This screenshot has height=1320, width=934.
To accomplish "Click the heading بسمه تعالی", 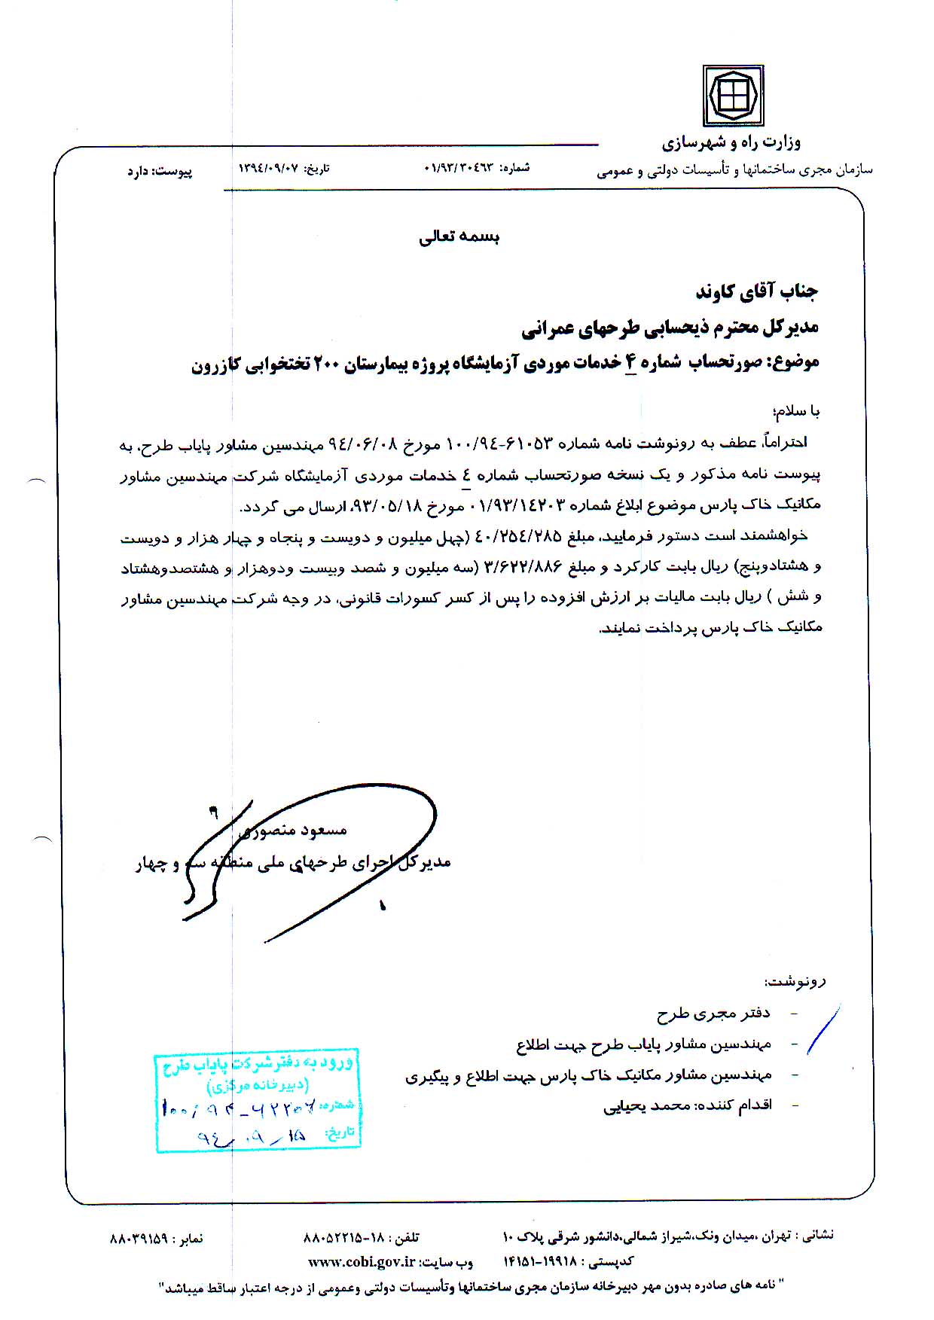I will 459,237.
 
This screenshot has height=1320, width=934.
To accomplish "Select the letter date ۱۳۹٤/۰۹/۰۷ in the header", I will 267,169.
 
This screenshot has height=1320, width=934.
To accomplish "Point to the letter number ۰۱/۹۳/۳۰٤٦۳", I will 458,167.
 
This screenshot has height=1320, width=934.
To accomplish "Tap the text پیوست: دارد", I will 159,172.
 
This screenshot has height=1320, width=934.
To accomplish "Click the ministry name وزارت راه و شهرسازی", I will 731,142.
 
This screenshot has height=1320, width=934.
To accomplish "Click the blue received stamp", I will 258,1100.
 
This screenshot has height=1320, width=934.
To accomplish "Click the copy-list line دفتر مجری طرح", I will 713,1014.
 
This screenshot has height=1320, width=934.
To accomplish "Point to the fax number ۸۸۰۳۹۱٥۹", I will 142,1237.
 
